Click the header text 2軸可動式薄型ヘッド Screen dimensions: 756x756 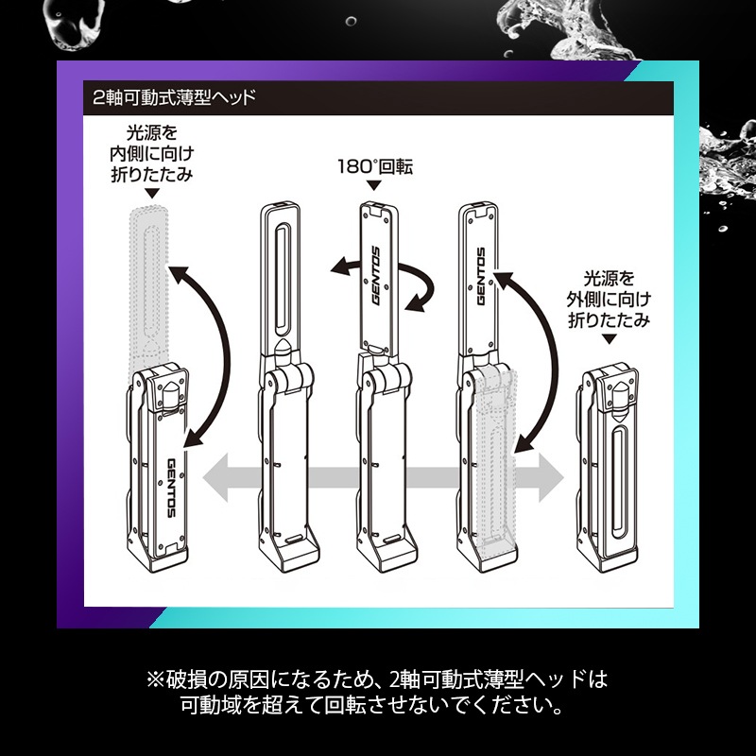tap(174, 98)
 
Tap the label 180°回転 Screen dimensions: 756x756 tap(374, 167)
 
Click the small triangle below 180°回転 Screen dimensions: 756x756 tap(374, 185)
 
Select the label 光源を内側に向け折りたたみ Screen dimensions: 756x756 tap(151, 153)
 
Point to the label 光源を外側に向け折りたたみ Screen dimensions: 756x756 tap(609, 300)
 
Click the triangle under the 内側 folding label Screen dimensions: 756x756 tap(152, 194)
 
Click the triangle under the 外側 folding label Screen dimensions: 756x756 tap(610, 339)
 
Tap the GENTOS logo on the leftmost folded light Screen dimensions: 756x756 tap(171, 488)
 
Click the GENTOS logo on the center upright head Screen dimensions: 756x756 tap(376, 276)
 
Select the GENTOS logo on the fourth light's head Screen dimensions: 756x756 tap(481, 276)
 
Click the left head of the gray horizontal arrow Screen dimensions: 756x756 tap(215, 478)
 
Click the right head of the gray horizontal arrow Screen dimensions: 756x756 tap(551, 478)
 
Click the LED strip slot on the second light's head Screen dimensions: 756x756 tap(283, 279)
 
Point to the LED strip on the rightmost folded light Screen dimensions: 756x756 tap(620, 484)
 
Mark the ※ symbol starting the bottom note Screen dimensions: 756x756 tap(155, 679)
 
